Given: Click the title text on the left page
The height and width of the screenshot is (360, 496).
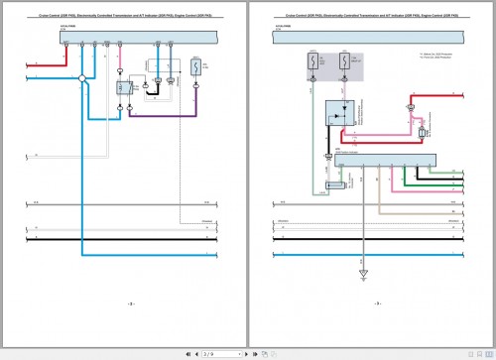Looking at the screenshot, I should (x=124, y=17).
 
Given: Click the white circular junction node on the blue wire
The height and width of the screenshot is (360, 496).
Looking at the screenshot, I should (x=81, y=77).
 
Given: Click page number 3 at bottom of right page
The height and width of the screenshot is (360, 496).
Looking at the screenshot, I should (x=377, y=304).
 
